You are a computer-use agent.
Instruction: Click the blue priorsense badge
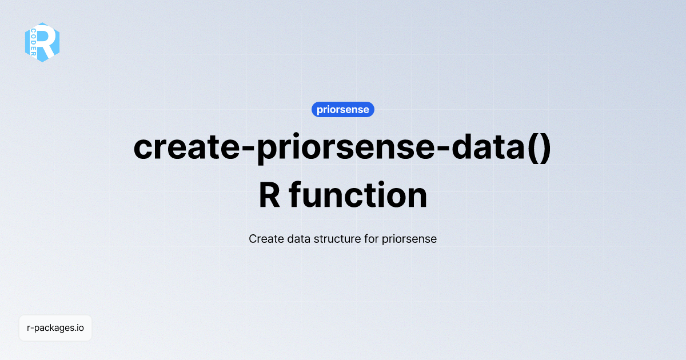pyautogui.click(x=343, y=110)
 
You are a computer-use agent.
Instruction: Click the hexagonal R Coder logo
pyautogui.click(x=42, y=42)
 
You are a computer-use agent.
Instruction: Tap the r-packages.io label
pyautogui.click(x=55, y=328)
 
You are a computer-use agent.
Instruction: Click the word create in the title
pyautogui.click(x=184, y=148)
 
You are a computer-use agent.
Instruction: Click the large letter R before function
pyautogui.click(x=269, y=196)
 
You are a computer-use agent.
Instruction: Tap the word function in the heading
pyautogui.click(x=358, y=196)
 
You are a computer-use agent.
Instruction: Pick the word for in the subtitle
pyautogui.click(x=370, y=239)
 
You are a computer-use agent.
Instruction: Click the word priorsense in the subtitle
pyautogui.click(x=409, y=239)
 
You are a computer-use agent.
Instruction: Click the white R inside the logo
pyautogui.click(x=47, y=42)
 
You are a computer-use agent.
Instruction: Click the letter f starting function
pyautogui.click(x=295, y=196)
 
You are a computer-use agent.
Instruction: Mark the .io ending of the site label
pyautogui.click(x=79, y=328)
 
